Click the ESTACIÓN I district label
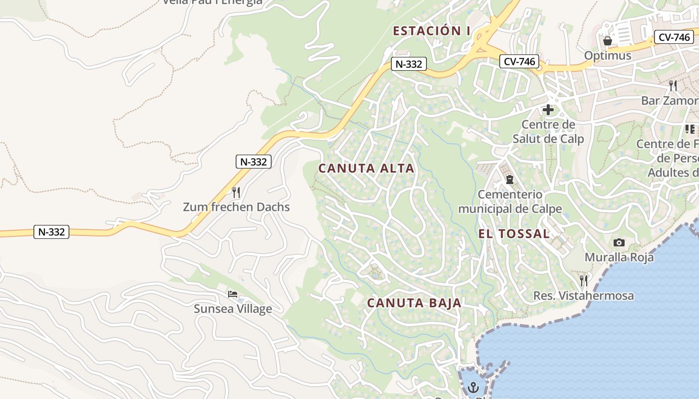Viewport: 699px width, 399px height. [x=431, y=31]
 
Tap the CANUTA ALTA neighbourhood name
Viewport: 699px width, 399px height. [x=366, y=168]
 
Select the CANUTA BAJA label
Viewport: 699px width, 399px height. [x=414, y=303]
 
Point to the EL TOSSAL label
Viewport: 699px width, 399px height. [x=514, y=233]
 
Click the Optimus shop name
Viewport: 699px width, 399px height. [x=608, y=55]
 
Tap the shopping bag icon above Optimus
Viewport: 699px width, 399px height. [x=608, y=40]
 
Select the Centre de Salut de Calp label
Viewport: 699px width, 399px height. [x=548, y=131]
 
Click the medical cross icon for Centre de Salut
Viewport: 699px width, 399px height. [x=548, y=110]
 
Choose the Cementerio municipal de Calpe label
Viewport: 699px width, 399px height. [x=510, y=201]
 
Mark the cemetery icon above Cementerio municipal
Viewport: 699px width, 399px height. [x=510, y=179]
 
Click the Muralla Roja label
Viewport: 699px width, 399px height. [x=619, y=257]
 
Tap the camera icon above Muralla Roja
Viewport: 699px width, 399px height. [x=619, y=242]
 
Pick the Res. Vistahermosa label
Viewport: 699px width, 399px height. [x=584, y=296]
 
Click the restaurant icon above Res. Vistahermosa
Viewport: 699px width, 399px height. [x=584, y=280]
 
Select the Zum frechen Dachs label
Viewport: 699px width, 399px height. [x=236, y=206]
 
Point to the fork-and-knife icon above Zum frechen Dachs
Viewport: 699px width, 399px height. [x=236, y=192]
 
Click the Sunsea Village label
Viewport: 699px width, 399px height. [x=233, y=309]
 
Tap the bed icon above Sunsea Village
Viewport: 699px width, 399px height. [x=233, y=294]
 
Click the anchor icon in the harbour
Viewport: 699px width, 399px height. [x=473, y=387]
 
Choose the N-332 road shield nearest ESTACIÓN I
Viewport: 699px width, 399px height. [x=408, y=64]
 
